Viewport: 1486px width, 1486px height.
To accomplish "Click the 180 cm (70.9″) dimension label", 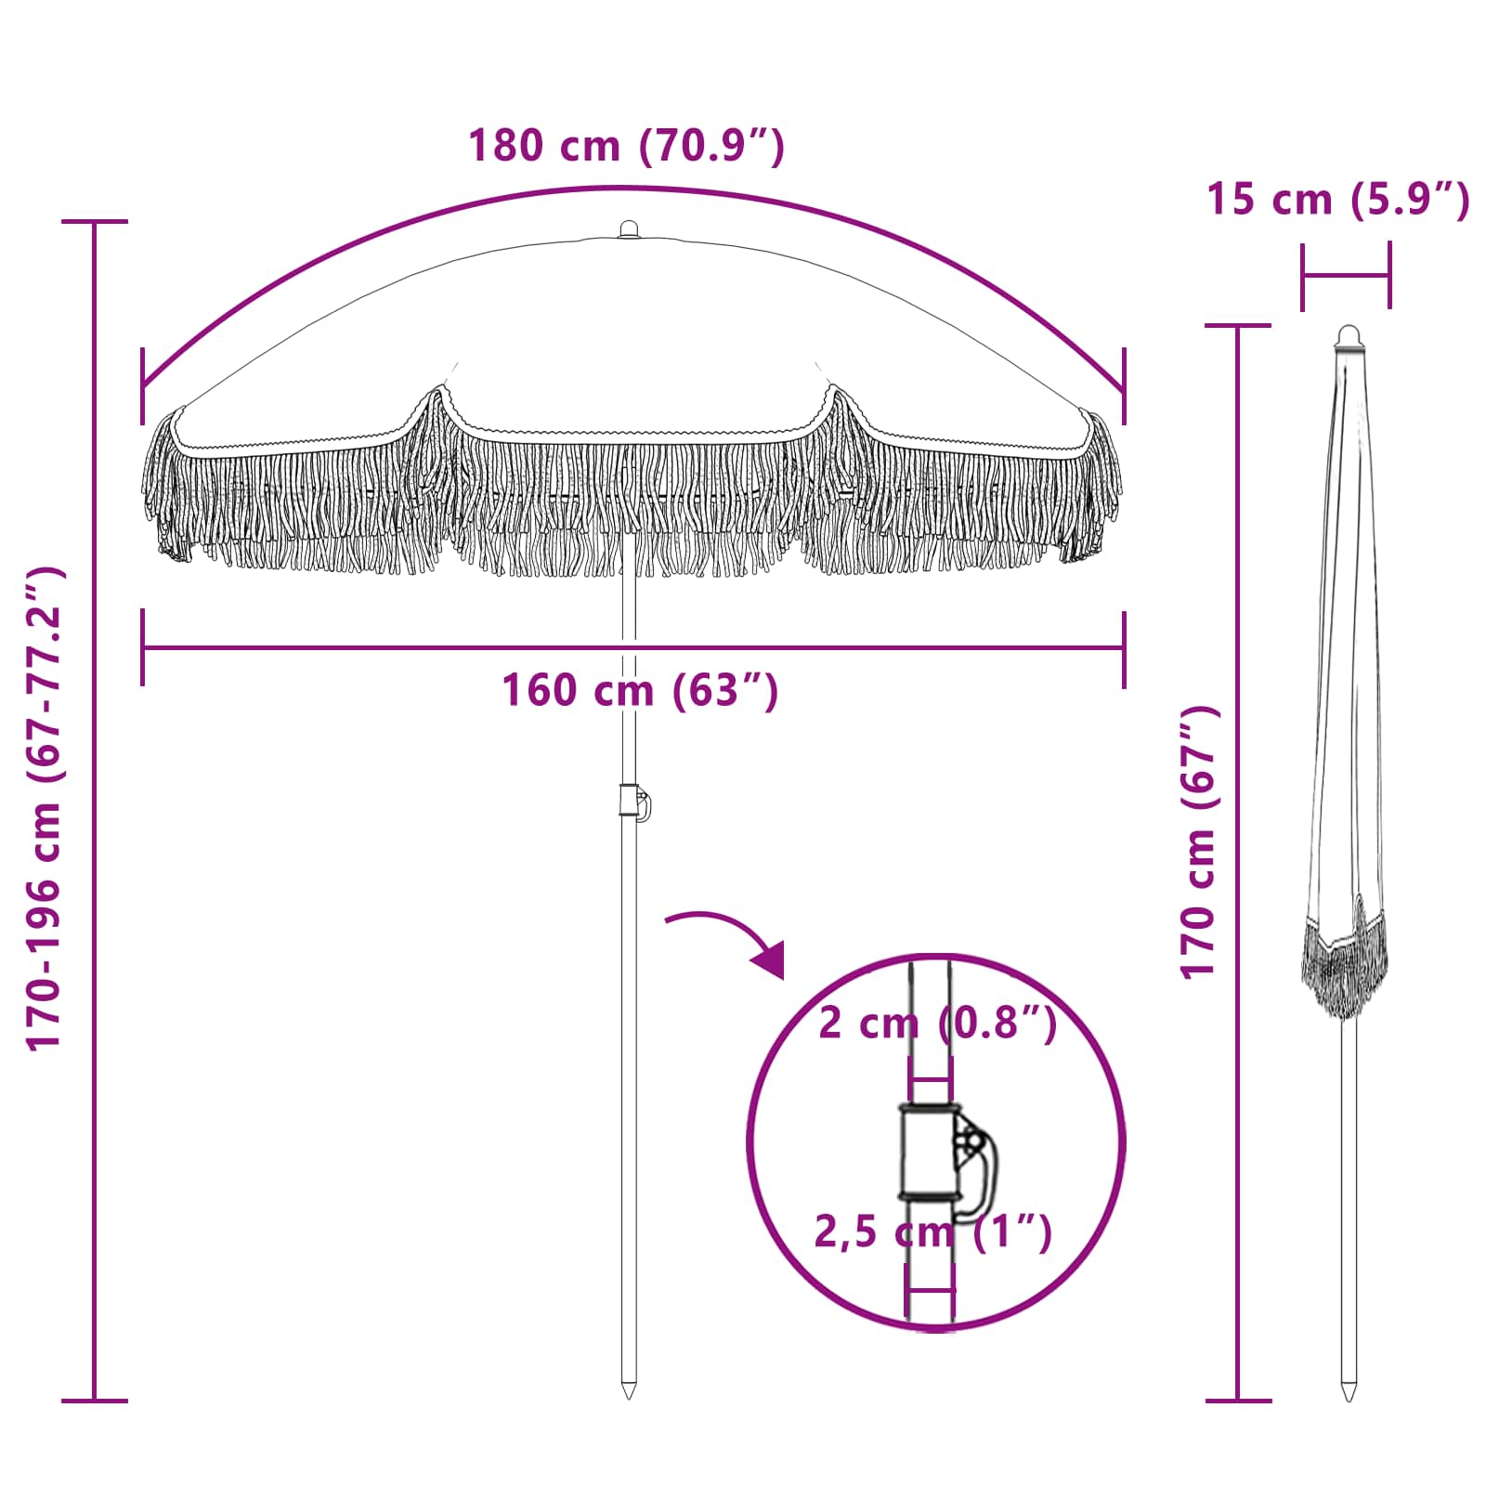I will point(627,147).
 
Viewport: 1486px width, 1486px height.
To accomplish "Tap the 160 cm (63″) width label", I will point(640,690).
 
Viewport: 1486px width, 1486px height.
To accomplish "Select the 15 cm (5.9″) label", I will point(1337,200).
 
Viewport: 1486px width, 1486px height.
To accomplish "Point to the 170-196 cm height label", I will point(45,808).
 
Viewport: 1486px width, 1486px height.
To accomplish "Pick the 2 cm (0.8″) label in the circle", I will point(937,1023).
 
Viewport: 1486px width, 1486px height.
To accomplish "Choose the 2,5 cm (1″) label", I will point(933,1232).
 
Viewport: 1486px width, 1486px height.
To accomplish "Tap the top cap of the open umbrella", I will point(629,228).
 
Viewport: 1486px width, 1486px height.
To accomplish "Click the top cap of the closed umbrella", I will point(1348,336).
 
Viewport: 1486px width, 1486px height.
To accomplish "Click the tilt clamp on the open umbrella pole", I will point(634,802).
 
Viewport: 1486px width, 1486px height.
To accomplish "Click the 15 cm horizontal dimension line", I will point(1346,275).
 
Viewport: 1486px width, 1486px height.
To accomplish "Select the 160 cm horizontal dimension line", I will point(632,647).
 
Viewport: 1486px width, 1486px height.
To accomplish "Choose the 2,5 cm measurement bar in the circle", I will point(931,1289).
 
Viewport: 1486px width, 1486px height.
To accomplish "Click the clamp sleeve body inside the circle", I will point(926,1152).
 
